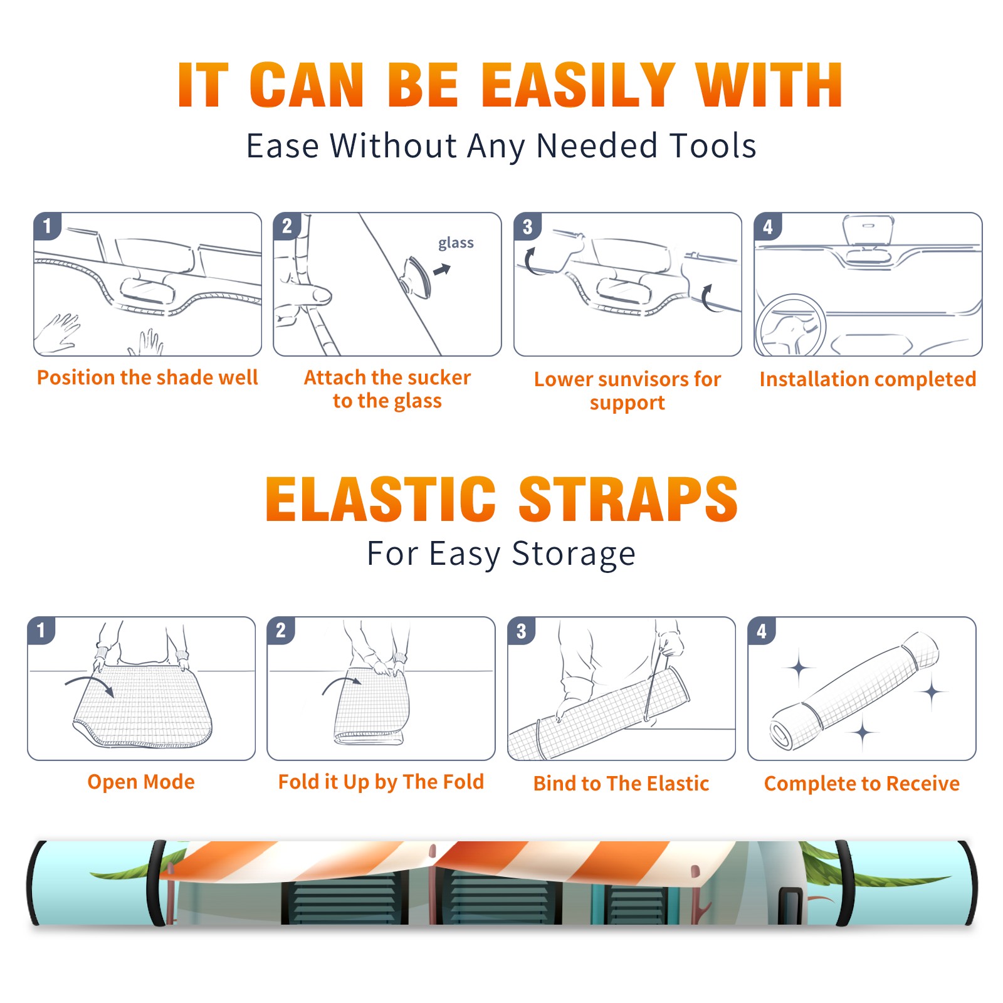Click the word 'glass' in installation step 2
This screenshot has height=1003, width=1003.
point(456,243)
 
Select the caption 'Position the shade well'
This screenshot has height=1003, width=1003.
point(147,377)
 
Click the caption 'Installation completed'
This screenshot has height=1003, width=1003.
point(868,379)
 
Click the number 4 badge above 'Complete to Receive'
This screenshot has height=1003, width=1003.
point(762,631)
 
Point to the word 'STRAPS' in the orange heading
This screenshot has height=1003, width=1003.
point(628,499)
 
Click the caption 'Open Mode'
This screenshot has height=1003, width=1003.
point(141,782)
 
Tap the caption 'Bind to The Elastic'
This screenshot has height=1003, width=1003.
point(621,784)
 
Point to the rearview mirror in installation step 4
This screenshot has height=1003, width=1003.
point(868,231)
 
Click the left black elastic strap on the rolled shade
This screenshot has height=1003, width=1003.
point(157,883)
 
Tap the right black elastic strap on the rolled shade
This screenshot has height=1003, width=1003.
point(844,883)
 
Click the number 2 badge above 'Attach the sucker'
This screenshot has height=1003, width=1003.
point(287,226)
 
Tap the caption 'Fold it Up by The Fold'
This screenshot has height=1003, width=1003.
point(381,782)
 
